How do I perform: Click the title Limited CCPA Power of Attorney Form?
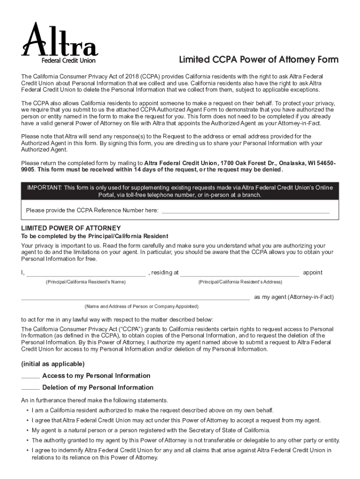(x=259, y=60)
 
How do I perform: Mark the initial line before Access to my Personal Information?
(x=30, y=377)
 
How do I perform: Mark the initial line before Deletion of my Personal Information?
(x=30, y=389)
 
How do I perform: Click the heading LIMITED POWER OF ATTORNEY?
(x=71, y=228)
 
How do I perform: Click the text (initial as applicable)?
(x=53, y=364)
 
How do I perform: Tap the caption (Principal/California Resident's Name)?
(x=86, y=282)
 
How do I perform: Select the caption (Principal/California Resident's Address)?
(x=240, y=282)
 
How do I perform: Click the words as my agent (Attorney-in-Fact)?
(x=294, y=297)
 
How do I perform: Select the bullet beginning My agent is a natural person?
(x=151, y=430)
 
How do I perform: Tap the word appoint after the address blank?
(x=312, y=273)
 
